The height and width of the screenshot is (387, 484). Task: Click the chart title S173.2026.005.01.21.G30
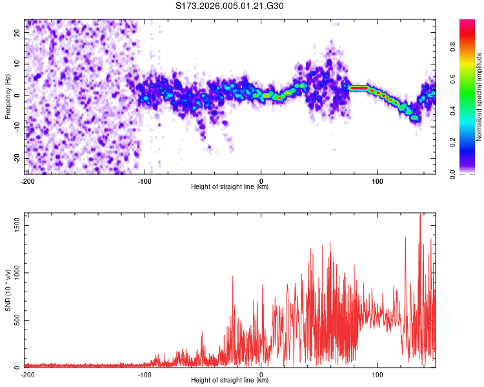pos(230,6)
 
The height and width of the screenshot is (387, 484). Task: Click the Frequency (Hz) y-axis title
pos(8,96)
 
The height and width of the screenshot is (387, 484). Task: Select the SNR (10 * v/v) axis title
pos(8,290)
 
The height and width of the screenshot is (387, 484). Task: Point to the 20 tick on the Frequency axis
pos(18,32)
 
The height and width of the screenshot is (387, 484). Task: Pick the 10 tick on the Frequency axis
pos(18,64)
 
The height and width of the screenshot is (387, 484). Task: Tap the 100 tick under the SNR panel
pos(377,375)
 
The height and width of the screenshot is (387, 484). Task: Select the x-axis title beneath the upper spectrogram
pos(229,187)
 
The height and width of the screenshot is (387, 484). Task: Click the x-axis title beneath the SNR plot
pos(229,381)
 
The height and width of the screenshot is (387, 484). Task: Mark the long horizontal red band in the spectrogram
pos(358,88)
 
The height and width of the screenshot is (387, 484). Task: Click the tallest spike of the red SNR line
pos(420,217)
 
